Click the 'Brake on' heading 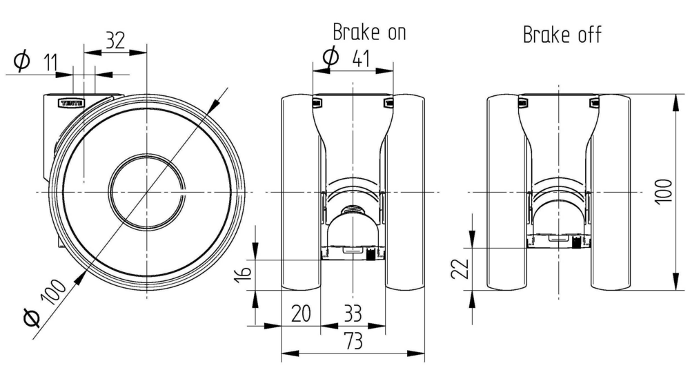[369, 32]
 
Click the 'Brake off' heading [562, 35]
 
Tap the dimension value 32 [115, 41]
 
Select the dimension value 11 [50, 64]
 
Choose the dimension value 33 [352, 315]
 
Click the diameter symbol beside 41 [331, 56]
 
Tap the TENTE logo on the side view [71, 103]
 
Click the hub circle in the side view [146, 191]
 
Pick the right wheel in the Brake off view [610, 193]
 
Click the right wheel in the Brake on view [405, 193]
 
